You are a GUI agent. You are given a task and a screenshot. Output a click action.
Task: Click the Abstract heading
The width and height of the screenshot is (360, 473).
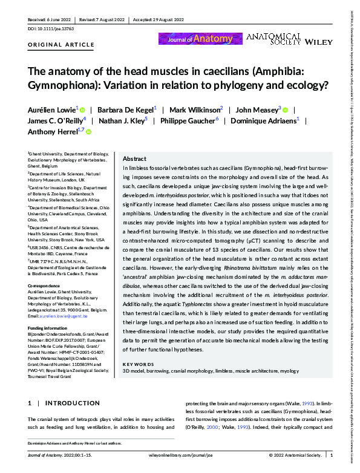click(x=134, y=157)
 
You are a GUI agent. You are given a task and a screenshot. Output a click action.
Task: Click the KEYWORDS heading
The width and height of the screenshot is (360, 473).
click(x=138, y=364)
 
